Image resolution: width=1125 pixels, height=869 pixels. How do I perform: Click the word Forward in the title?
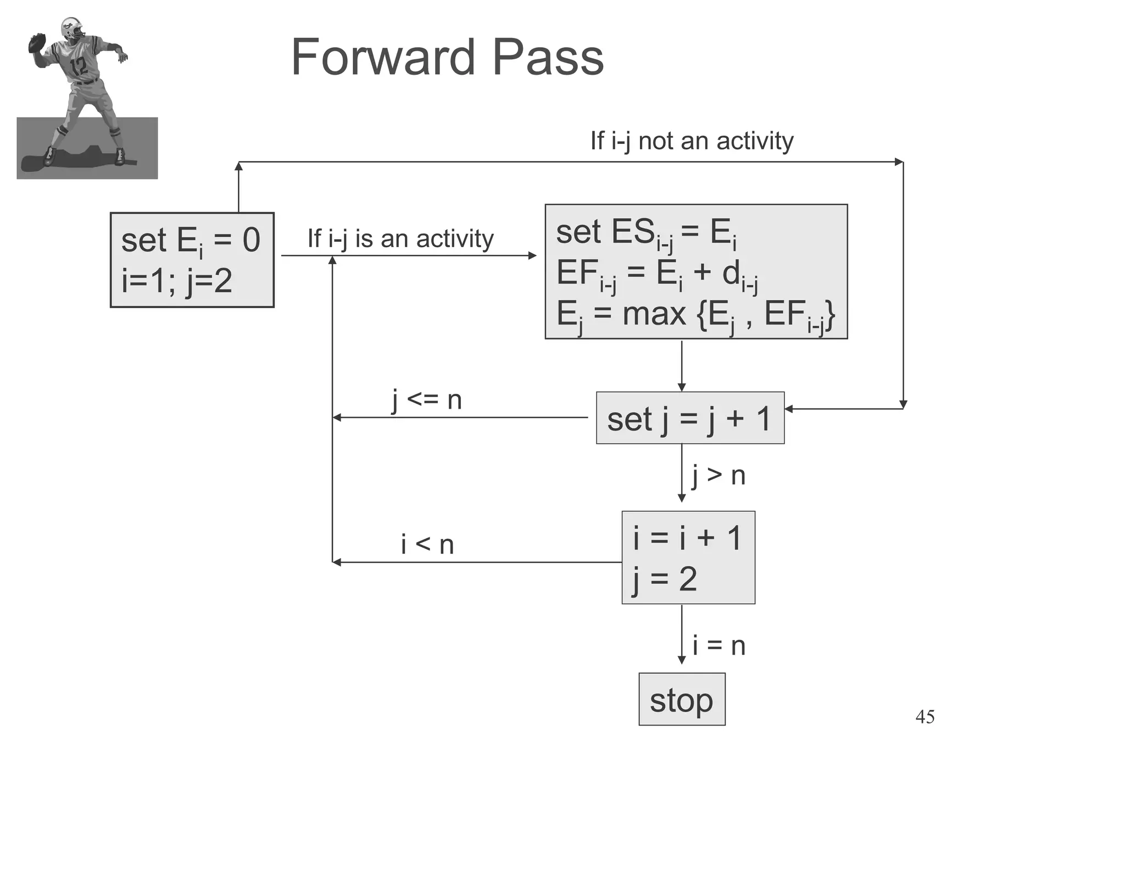coord(383,57)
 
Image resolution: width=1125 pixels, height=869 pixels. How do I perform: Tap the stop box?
coord(682,699)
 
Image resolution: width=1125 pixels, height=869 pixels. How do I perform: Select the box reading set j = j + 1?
coord(690,418)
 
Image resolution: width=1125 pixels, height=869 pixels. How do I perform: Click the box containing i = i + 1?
coord(688,558)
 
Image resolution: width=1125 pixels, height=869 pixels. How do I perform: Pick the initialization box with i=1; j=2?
coord(192,260)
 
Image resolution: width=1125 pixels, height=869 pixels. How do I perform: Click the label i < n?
coord(427,544)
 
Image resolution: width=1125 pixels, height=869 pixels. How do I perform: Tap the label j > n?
coord(718,475)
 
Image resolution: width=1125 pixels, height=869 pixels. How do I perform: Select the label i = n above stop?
coord(718,645)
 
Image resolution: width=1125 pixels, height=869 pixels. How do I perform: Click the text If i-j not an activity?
coord(692,141)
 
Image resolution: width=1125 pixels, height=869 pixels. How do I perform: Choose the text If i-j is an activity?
coord(400,238)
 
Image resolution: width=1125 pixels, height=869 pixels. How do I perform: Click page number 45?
coord(925,717)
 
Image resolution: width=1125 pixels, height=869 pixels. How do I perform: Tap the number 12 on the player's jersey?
coord(79,66)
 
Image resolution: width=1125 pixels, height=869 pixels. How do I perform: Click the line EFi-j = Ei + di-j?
coord(656,274)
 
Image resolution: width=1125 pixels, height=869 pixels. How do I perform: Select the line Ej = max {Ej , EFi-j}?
coord(695,315)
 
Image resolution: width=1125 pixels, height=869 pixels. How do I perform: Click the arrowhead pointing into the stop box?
coord(682,660)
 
